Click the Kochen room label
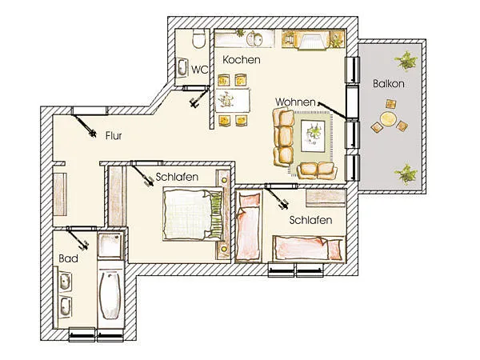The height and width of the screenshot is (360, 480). coord(242,60)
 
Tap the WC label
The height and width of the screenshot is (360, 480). coord(199,70)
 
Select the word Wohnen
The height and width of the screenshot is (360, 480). coord(295,102)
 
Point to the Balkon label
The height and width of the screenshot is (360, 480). coord(389,83)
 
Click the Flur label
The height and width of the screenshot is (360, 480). coord(114,136)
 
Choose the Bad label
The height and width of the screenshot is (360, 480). coord(68,258)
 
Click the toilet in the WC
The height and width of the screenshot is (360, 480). coord(198,39)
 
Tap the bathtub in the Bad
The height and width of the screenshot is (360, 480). coord(110,295)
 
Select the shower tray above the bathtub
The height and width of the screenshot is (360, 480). coord(110,246)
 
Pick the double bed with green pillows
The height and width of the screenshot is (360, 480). coord(193,214)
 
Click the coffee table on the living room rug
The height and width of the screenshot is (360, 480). coord(313,136)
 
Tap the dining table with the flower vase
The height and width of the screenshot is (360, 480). coord(233,100)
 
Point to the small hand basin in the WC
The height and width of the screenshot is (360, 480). coord(182,68)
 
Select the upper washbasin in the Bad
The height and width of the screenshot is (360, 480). coord(65,282)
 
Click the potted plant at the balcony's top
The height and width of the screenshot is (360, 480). coord(406,61)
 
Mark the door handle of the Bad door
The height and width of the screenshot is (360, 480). coord(84,246)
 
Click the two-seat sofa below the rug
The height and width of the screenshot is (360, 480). coord(317,170)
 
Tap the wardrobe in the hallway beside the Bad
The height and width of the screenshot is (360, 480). coord(60,194)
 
